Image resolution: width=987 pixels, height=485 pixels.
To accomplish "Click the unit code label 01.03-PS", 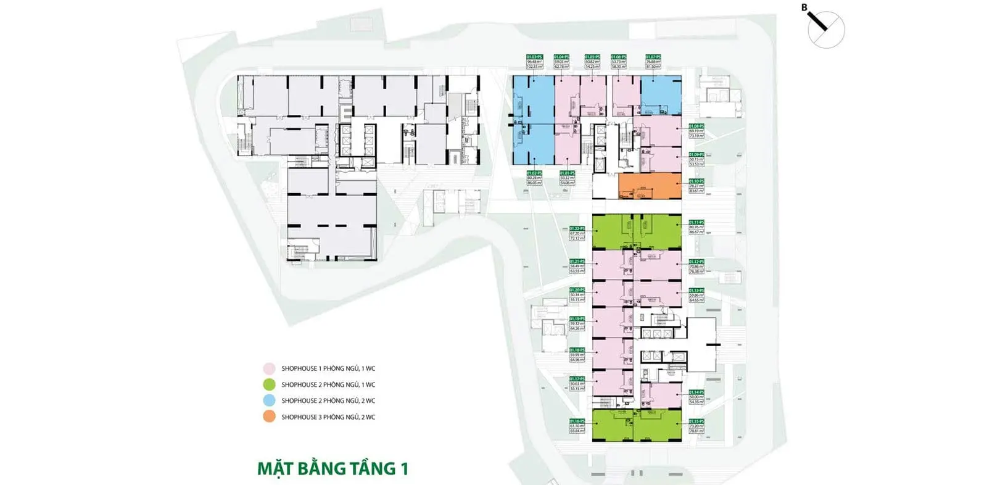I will click(534, 57).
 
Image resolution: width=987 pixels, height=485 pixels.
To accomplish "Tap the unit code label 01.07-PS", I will click(653, 57).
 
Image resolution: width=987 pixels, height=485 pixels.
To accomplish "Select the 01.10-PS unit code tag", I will click(696, 181).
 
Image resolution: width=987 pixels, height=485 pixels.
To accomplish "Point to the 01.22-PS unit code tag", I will click(577, 228).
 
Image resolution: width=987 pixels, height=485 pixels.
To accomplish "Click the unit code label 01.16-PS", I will click(577, 421).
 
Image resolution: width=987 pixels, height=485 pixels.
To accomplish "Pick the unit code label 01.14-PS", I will click(696, 392).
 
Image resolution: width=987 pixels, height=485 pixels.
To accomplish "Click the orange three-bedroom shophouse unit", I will click(650, 186).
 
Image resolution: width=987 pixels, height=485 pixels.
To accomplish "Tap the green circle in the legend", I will click(269, 384).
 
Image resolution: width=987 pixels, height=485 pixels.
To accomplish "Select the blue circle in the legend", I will click(269, 400).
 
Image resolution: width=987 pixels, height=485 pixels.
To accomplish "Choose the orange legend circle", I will click(269, 417).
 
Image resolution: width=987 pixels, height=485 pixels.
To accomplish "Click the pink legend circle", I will click(269, 368).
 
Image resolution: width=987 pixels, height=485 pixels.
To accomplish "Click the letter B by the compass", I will click(804, 7).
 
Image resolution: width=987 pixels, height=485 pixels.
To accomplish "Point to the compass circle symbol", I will click(827, 30).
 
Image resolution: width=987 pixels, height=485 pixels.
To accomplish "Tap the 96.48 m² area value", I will click(534, 62).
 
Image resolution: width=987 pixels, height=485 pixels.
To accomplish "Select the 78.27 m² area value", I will click(696, 186).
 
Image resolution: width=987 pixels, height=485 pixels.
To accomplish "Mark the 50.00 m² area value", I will click(696, 397).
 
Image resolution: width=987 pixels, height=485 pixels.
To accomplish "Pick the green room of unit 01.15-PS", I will click(658, 426).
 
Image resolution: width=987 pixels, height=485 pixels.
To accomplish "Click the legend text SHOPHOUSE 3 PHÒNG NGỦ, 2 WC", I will click(328, 417).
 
